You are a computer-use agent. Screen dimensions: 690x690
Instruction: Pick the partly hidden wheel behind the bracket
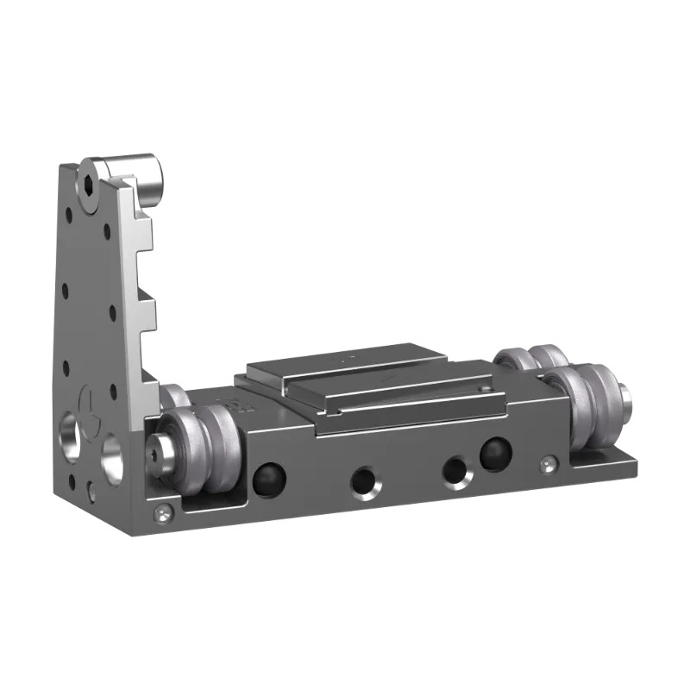click(x=173, y=397)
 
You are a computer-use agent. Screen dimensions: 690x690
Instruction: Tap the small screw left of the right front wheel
click(x=549, y=465)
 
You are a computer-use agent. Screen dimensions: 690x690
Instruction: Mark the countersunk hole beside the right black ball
click(x=455, y=471)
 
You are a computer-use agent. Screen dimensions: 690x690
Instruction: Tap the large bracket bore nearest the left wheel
click(x=112, y=457)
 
